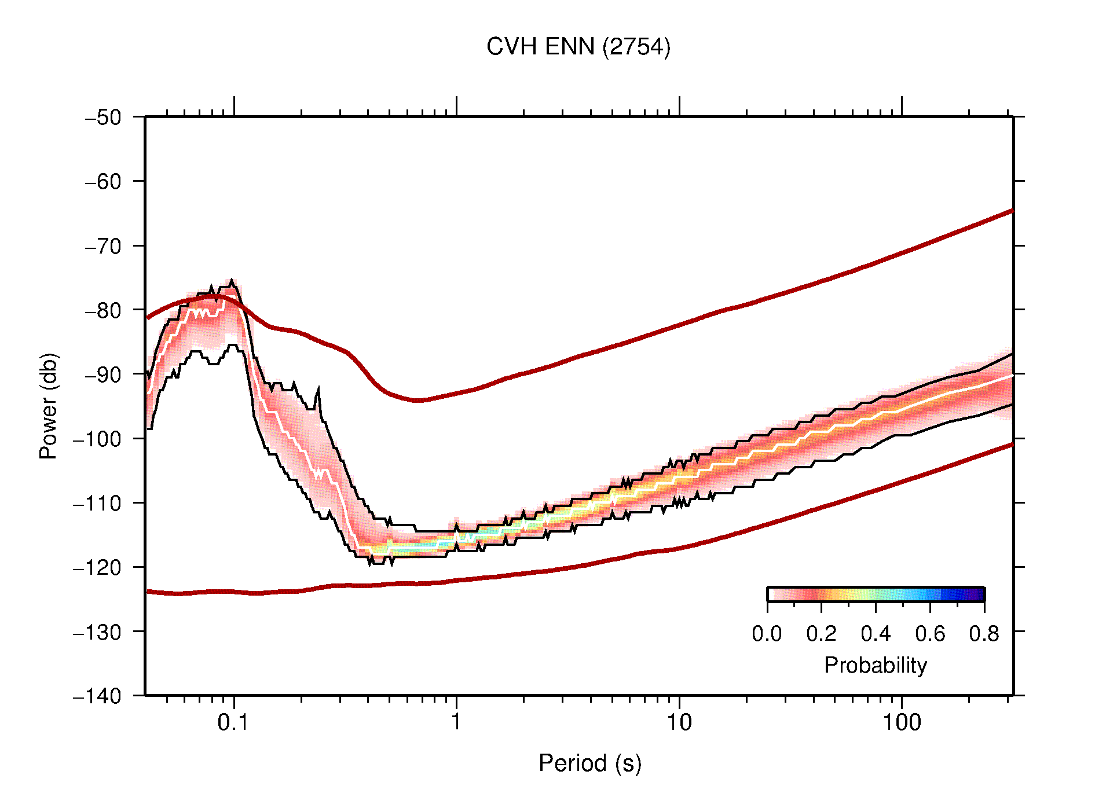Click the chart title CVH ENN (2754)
click(578, 47)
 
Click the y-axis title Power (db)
click(49, 406)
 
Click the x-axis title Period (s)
click(589, 763)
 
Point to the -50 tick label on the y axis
click(103, 118)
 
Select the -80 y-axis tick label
click(103, 310)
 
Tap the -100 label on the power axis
click(97, 439)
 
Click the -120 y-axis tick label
click(97, 567)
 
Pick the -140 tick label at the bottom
click(97, 696)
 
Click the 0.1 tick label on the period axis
click(233, 722)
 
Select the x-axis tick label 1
click(456, 722)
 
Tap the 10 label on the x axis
click(679, 722)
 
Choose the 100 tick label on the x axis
click(901, 722)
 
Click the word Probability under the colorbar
click(875, 666)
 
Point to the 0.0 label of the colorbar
click(767, 634)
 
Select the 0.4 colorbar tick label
click(876, 634)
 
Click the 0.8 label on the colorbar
click(984, 634)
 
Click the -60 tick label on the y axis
click(103, 182)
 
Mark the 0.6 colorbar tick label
click(930, 634)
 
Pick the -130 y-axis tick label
click(97, 632)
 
